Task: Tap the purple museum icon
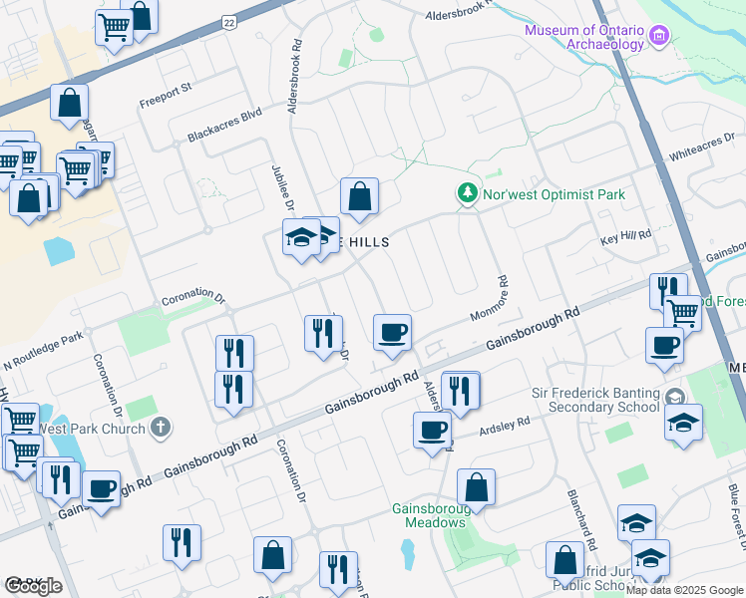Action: pos(658,37)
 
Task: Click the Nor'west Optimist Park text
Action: pos(554,194)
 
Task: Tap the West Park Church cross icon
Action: pos(161,429)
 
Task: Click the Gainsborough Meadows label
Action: pos(429,515)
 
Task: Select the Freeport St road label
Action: pos(165,100)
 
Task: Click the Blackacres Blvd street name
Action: pos(224,126)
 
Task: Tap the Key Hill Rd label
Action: pos(625,235)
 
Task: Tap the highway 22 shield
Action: pos(229,21)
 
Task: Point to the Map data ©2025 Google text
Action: pos(684,590)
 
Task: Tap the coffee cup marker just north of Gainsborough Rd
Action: pos(393,332)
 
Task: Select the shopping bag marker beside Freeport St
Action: pos(69,103)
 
